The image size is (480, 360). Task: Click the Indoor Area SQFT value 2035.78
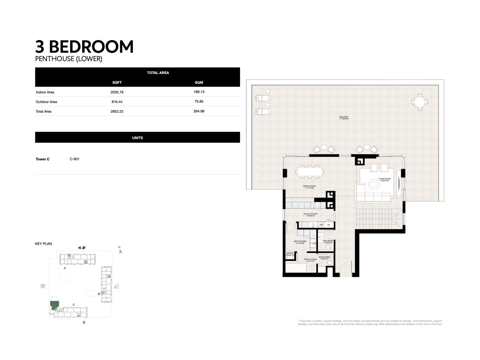tap(117, 92)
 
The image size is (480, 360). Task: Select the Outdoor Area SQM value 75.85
tap(199, 101)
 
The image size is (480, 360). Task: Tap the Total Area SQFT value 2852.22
tap(117, 111)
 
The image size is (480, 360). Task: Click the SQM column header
tap(199, 82)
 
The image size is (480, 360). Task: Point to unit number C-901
tap(74, 159)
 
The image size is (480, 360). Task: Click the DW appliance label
tap(321, 225)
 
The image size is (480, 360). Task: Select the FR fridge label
tap(329, 225)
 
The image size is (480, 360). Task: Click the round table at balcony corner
tap(418, 102)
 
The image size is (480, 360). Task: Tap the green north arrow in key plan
tap(121, 251)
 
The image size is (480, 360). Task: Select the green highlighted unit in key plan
tap(54, 306)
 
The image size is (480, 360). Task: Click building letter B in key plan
tap(99, 294)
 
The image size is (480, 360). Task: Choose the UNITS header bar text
tap(137, 138)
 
